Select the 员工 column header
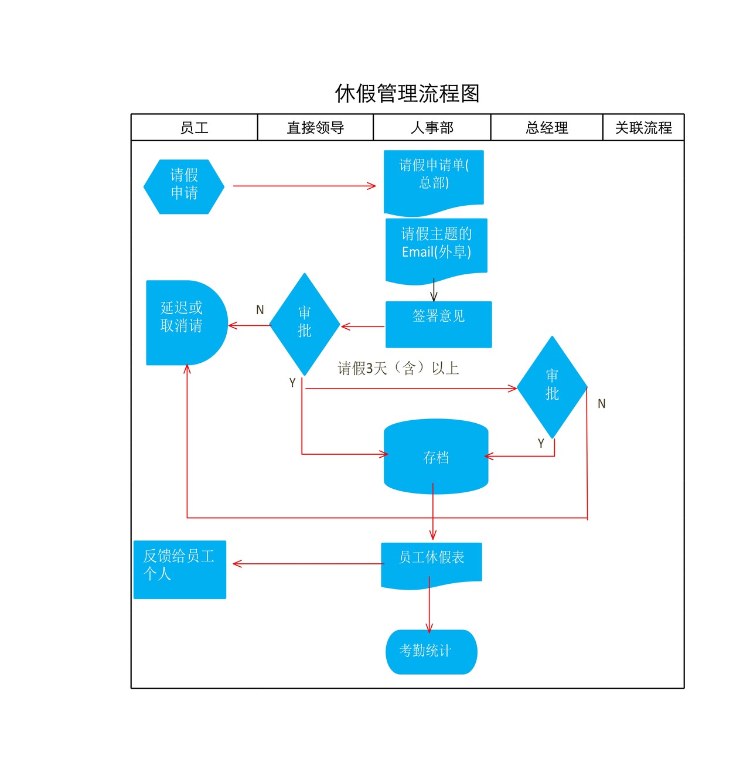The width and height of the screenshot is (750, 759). pyautogui.click(x=194, y=128)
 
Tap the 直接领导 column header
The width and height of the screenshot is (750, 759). pyautogui.click(x=315, y=128)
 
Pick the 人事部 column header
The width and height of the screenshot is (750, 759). pyautogui.click(x=432, y=128)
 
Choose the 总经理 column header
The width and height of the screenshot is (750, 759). pyautogui.click(x=547, y=128)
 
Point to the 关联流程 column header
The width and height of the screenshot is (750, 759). pyautogui.click(x=643, y=128)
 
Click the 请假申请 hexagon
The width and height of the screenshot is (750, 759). pyautogui.click(x=184, y=186)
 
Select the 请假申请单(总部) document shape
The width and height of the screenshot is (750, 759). pyautogui.click(x=434, y=179)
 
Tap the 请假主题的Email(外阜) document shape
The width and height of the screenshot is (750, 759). pyautogui.click(x=437, y=247)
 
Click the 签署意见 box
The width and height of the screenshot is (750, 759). pyautogui.click(x=438, y=324)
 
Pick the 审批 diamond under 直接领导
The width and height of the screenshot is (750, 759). pyautogui.click(x=305, y=324)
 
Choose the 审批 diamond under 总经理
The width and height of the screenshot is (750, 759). pyautogui.click(x=552, y=386)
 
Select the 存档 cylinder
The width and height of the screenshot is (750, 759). pyautogui.click(x=436, y=457)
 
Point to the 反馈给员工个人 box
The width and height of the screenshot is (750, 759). pyautogui.click(x=180, y=569)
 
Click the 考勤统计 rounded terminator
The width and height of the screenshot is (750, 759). pyautogui.click(x=431, y=652)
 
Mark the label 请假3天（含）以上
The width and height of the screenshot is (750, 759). pyautogui.click(x=398, y=368)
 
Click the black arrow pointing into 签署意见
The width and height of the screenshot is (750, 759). pyautogui.click(x=434, y=291)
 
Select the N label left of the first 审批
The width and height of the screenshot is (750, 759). pyautogui.click(x=260, y=309)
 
